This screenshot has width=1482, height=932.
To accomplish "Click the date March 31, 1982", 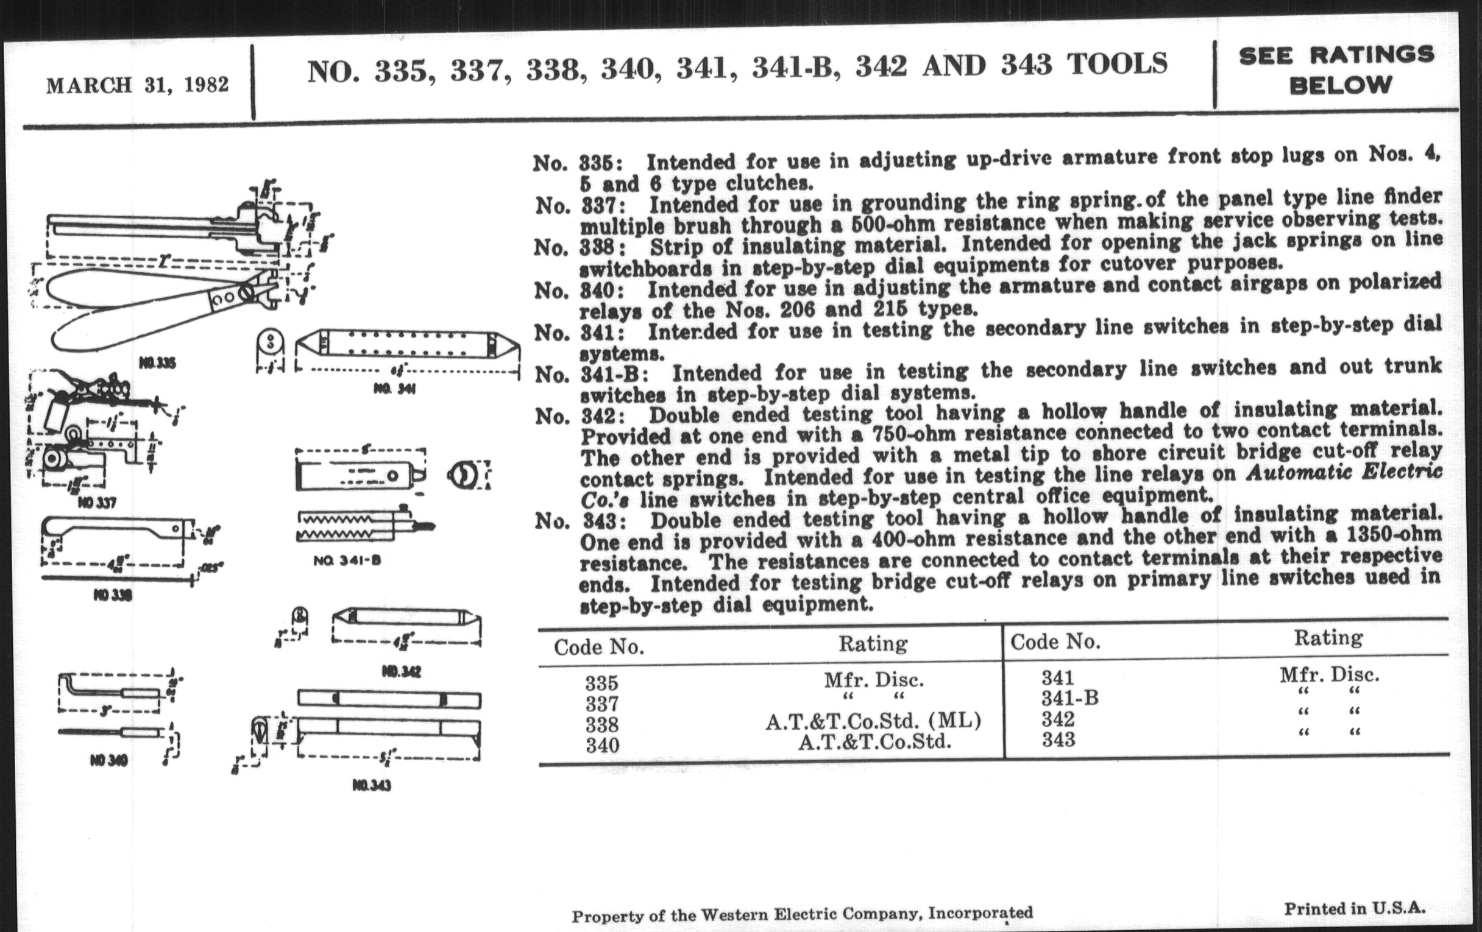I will (x=137, y=85).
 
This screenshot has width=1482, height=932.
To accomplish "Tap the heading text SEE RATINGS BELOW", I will (x=1337, y=70).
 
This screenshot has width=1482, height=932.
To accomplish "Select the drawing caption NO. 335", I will (x=158, y=363).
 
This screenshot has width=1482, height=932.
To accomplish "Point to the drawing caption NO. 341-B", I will (x=347, y=560).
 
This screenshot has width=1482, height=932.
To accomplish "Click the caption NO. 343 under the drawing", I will (x=372, y=786).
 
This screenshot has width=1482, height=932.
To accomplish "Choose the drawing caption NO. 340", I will (x=108, y=761).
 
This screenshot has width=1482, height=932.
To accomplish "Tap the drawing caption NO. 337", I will (x=97, y=503).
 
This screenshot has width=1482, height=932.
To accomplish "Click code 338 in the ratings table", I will (x=601, y=725).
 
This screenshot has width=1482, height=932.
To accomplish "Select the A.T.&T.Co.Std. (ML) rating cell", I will (x=873, y=721).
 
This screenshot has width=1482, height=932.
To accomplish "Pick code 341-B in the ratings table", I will (x=1069, y=699).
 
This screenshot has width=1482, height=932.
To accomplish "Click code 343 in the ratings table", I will (x=1058, y=740).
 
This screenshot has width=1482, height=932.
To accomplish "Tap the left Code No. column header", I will (x=599, y=647).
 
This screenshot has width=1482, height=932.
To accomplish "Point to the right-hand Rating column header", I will (x=1328, y=638).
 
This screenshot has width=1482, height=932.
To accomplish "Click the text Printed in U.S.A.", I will (x=1355, y=908).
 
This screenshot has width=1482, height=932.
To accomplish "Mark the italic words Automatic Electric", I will (x=1344, y=473).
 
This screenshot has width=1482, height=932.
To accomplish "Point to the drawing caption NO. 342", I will (x=401, y=671).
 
